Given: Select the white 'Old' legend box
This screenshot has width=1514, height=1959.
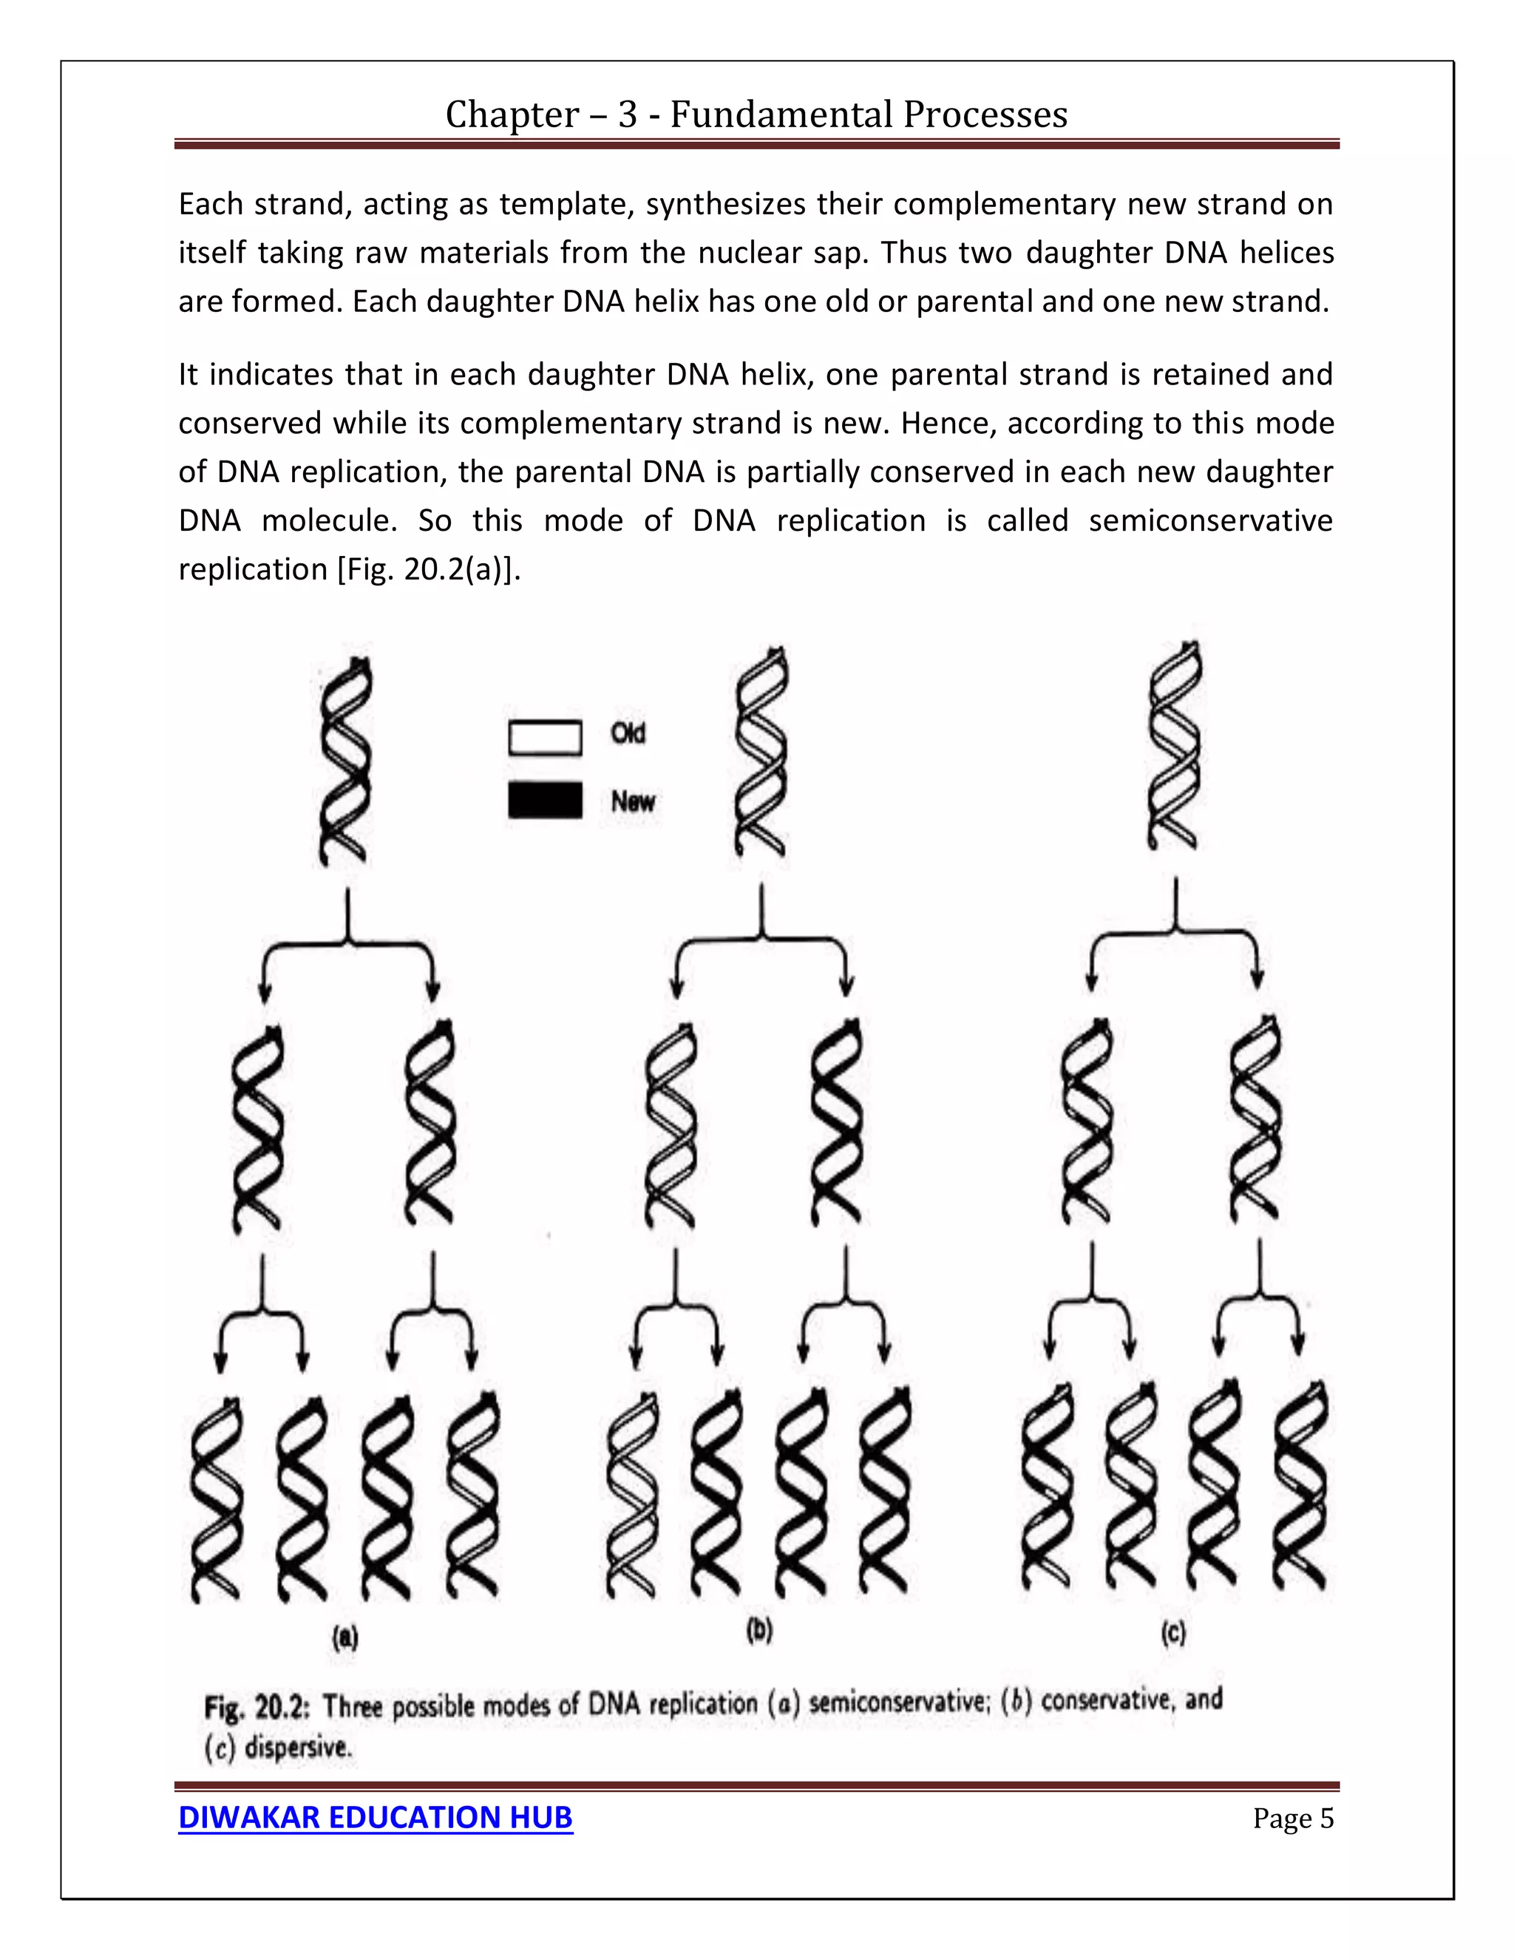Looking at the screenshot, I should (544, 737).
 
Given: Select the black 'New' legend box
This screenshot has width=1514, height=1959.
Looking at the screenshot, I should (544, 800).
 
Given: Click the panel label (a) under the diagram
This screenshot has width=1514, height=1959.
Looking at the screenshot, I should (345, 1639).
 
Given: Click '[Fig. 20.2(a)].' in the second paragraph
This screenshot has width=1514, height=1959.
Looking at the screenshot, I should (430, 569).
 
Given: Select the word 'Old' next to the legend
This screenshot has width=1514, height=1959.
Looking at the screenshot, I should (628, 734).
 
